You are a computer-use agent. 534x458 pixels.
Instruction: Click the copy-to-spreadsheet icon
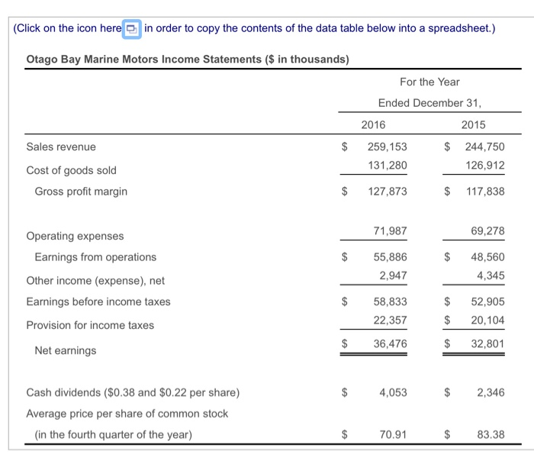coord(132,29)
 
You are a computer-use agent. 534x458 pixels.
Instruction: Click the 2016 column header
coord(373,124)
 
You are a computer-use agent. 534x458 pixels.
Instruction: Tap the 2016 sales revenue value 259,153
coord(387,147)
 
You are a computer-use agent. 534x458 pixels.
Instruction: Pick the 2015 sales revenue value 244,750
coord(484,147)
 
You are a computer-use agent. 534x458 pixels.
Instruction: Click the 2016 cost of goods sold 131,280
coord(387,165)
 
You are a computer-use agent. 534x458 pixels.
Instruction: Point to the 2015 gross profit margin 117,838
coord(484,191)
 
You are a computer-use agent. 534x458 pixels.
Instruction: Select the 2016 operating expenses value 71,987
coord(390,231)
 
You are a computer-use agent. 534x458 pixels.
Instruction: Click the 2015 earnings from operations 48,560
coord(487,257)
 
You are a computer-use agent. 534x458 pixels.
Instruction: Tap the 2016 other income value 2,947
coord(393,275)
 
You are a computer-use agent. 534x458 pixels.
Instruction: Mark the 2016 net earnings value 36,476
coord(390,344)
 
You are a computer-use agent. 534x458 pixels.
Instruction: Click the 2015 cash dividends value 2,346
coord(491,392)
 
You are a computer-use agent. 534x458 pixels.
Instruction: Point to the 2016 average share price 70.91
coord(393,435)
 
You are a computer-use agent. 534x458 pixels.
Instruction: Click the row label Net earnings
coord(66,350)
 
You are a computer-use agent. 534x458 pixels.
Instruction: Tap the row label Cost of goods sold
coord(72,170)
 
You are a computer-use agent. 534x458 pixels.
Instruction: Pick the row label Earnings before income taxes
coord(98,302)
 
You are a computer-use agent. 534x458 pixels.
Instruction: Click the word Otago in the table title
coord(43,59)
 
